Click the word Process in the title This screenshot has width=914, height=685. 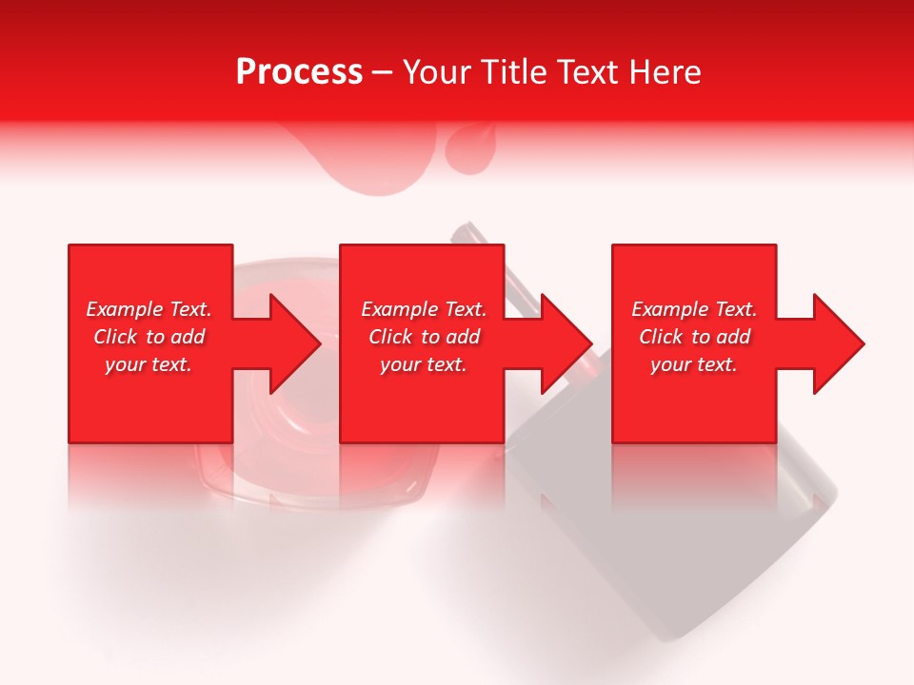[x=299, y=72]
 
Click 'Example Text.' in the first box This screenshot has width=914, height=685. [x=149, y=309]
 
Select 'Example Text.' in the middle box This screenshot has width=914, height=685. [x=424, y=309]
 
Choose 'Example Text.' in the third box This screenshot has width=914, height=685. [x=694, y=309]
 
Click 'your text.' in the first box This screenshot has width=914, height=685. [x=149, y=364]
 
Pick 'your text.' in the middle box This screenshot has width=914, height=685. [x=424, y=364]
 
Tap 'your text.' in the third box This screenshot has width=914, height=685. [x=694, y=364]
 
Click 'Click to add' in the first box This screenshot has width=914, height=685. [x=149, y=337]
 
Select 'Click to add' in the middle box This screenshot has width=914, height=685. [x=424, y=337]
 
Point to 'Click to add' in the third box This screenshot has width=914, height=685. [x=694, y=337]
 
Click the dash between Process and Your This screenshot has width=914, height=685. [x=382, y=73]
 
